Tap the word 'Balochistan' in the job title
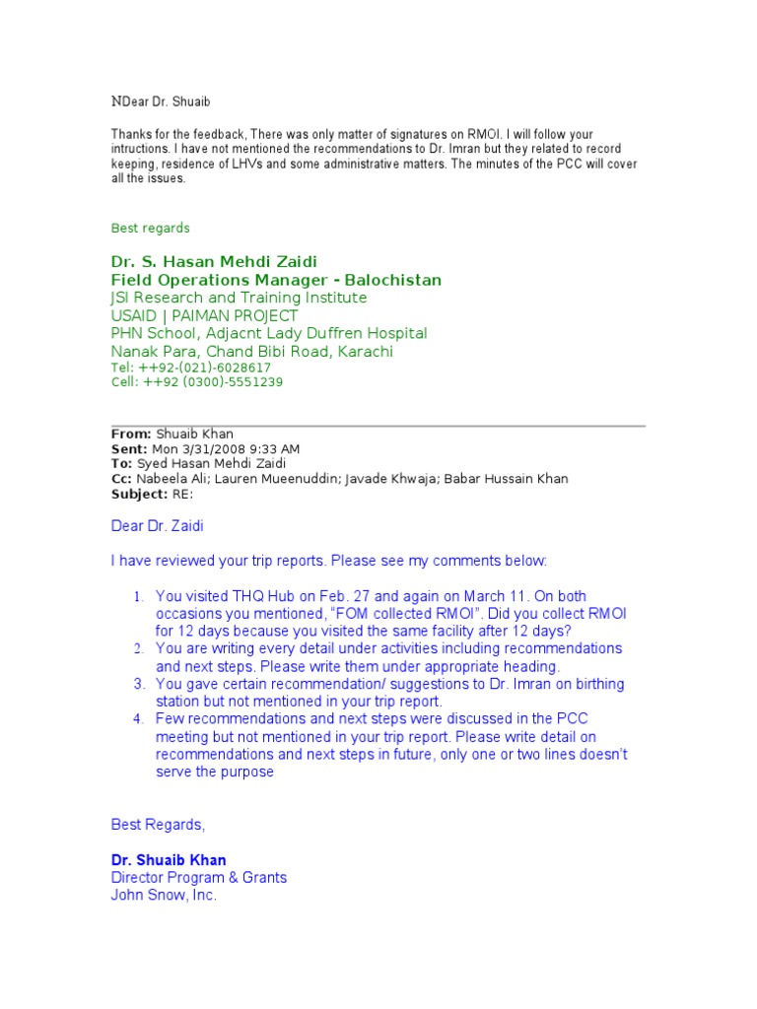[396, 281]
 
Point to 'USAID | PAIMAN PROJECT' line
[204, 315]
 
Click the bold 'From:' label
[130, 434]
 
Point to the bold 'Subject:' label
[139, 494]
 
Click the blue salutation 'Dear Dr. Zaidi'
[157, 527]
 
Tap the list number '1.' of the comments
[139, 597]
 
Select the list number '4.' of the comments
[139, 719]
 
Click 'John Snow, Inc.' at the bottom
[164, 896]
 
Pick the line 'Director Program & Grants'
[198, 878]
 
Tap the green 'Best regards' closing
[150, 228]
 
